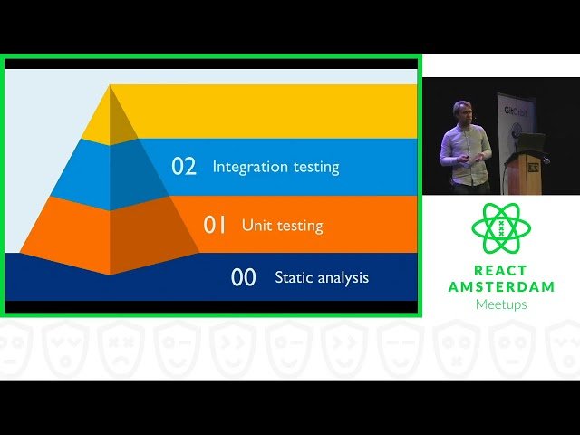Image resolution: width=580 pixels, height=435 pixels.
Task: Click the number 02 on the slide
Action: pos(184,167)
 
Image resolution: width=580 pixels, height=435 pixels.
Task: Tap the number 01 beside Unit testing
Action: pos(215,225)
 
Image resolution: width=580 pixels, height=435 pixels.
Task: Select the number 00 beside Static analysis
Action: pos(244,277)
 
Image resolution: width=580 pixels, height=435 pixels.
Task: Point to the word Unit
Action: pos(256,225)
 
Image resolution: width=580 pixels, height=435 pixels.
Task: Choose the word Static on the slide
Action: pos(292,277)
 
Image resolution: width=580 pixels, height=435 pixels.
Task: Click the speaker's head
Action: pos(462,111)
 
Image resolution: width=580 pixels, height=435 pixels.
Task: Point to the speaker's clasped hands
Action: pos(466,157)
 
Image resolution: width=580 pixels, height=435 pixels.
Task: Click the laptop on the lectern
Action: pos(531,141)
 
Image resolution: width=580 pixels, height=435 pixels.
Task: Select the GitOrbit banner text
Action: pos(515,112)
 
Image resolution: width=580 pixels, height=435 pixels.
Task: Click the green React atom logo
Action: pos(501,229)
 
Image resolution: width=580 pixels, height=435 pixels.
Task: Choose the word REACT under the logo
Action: pos(501,271)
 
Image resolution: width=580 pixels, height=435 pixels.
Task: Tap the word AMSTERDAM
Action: pos(501,286)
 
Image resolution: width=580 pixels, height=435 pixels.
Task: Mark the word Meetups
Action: pos(501,304)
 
